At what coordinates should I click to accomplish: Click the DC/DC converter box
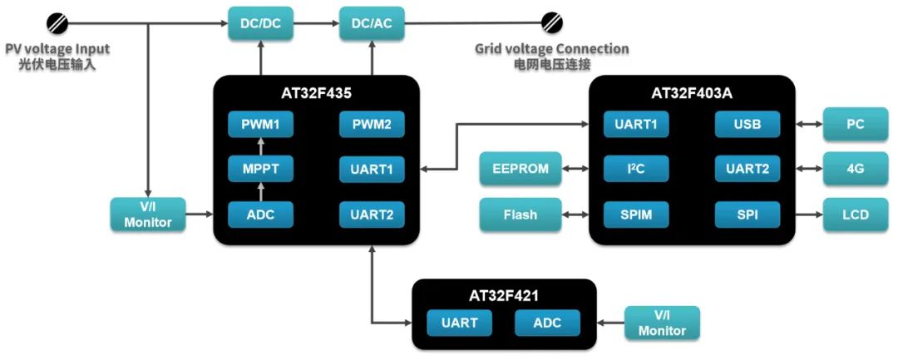pos(261,24)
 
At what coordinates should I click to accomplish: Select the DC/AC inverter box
pos(372,24)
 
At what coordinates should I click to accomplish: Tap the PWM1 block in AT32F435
pos(262,125)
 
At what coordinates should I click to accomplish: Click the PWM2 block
pos(372,125)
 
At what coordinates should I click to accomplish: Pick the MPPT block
pos(262,170)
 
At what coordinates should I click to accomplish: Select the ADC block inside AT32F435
pos(262,215)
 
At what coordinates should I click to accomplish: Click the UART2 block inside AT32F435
pos(372,215)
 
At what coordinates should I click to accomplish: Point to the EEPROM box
pos(521,170)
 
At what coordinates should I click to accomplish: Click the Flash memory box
pos(521,215)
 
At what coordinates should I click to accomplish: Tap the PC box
pos(856,125)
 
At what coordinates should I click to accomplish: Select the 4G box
pos(856,170)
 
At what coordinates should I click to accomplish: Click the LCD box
pos(856,215)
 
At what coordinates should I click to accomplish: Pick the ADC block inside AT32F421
pos(547,323)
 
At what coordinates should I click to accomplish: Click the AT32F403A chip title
pos(692,93)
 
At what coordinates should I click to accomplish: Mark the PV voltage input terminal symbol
pos(57,22)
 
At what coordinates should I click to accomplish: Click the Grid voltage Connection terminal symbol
pos(550,22)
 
